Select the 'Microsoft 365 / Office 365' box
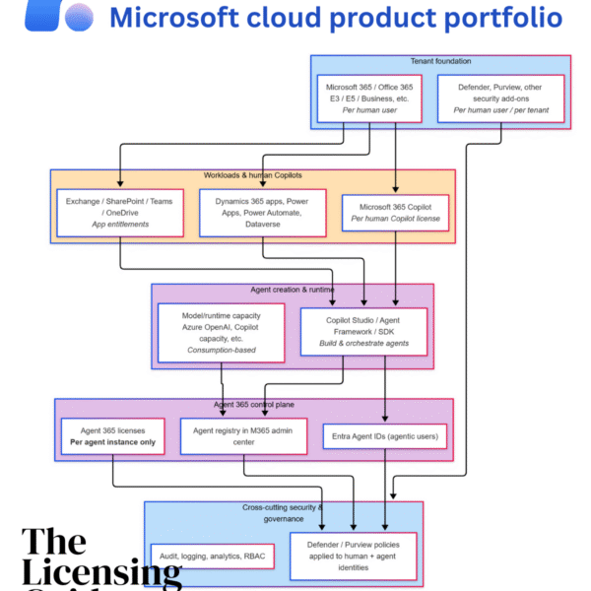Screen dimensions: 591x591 pos(370,98)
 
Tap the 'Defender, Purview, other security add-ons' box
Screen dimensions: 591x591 pos(501,98)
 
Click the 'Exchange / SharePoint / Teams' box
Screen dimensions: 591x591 pos(120,213)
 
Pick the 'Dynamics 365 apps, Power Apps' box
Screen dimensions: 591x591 pos(262,213)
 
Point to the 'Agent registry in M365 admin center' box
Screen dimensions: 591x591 pos(240,436)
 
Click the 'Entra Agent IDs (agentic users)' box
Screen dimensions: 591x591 pos(384,437)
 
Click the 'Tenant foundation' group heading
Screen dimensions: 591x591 pos(440,61)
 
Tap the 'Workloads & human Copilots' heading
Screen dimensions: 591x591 pos(252,175)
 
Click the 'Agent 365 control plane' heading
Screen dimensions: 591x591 pos(253,405)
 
